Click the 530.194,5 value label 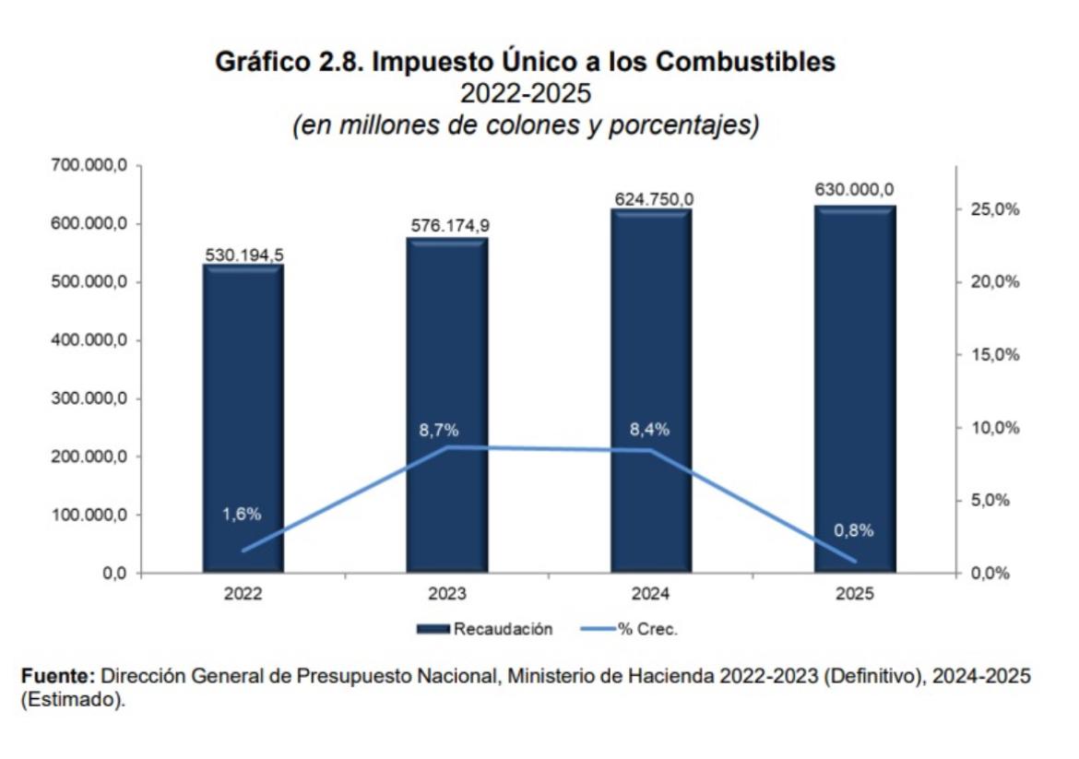pyautogui.click(x=243, y=255)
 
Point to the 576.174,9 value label pyautogui.click(x=447, y=227)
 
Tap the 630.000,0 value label pyautogui.click(x=854, y=190)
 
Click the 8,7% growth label pyautogui.click(x=438, y=431)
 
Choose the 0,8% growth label pyautogui.click(x=853, y=530)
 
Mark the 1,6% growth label pyautogui.click(x=242, y=515)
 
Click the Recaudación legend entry pyautogui.click(x=485, y=630)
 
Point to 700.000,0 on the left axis pyautogui.click(x=87, y=166)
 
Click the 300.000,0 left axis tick pyautogui.click(x=87, y=398)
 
